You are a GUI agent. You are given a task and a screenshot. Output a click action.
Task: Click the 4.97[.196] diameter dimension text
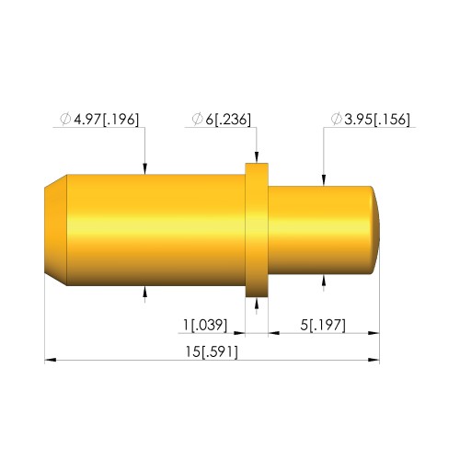106,120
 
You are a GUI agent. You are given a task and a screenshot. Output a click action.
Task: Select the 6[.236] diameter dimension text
228,120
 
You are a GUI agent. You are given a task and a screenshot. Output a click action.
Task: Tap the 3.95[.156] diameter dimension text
377,120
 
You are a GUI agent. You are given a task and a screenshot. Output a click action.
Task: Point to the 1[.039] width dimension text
205,325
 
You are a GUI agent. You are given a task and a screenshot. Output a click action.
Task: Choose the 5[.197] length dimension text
323,325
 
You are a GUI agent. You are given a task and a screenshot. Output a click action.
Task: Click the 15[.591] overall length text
212,351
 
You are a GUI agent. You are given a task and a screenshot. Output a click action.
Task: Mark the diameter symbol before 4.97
65,119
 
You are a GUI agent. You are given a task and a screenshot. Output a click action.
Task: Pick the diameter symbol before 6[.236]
197,119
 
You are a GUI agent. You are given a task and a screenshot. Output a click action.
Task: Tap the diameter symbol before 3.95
336,119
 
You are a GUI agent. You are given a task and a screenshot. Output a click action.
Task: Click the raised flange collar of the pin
257,230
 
